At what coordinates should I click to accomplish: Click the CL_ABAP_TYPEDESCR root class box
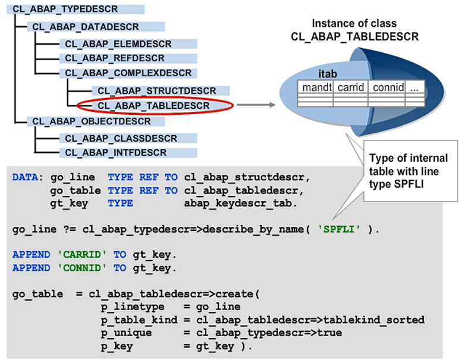click(65, 10)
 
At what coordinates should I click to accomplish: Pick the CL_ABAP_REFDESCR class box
click(115, 58)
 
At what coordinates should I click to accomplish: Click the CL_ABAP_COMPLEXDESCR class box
click(128, 73)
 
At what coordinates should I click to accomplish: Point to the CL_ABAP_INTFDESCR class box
click(115, 152)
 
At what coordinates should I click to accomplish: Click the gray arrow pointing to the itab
click(256, 105)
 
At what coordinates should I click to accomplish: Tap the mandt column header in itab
click(316, 87)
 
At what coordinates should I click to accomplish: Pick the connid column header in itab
click(389, 87)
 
